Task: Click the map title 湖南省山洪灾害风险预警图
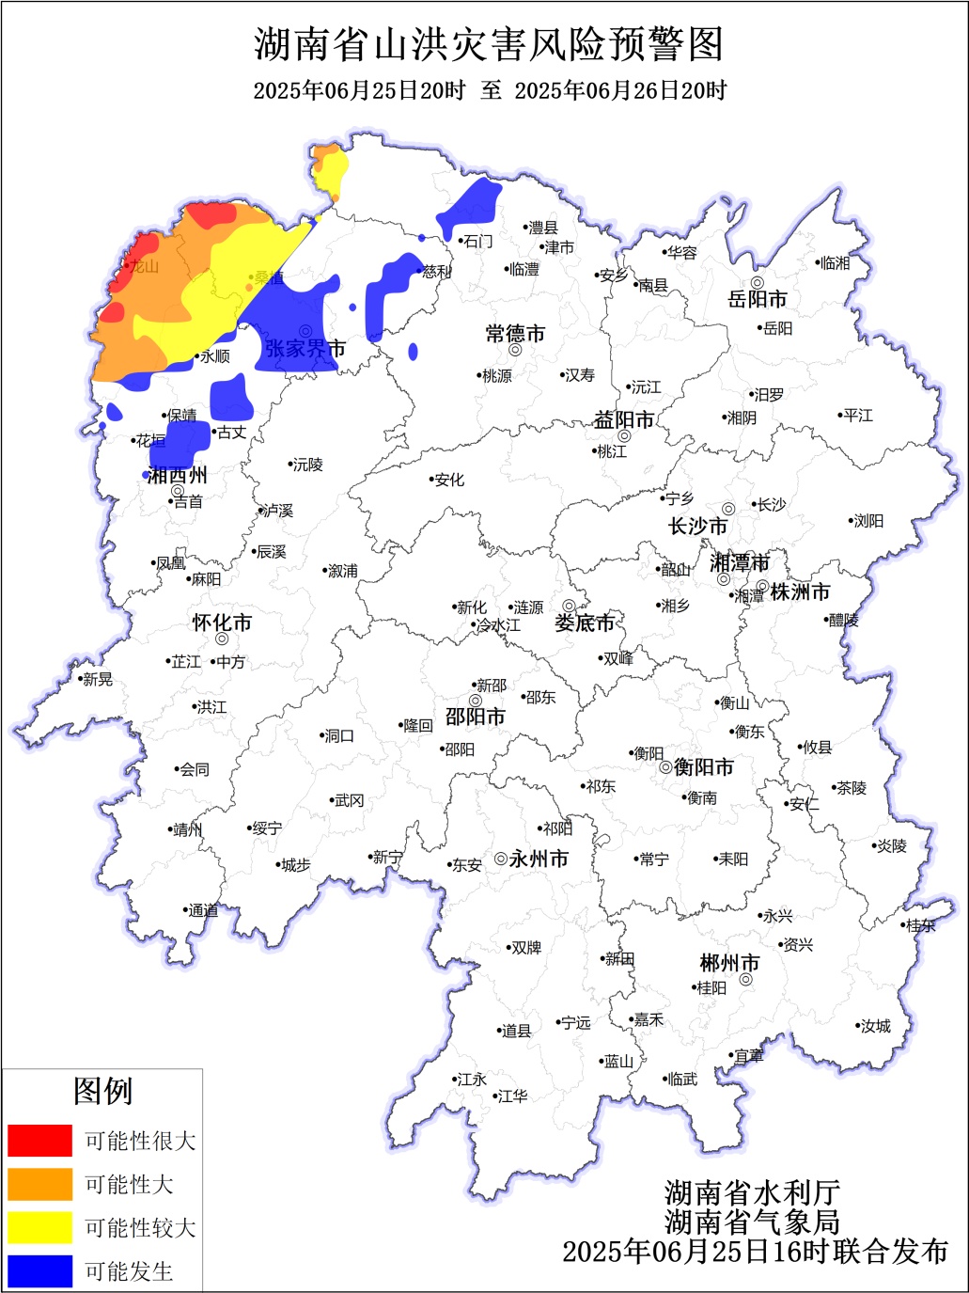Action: coord(489,44)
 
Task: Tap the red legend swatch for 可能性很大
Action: coord(39,1141)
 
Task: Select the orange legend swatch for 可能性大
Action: coord(39,1184)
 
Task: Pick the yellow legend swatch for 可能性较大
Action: coord(39,1227)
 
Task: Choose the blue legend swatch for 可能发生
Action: coord(39,1270)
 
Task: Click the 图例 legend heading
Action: coord(102,1092)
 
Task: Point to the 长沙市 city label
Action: coord(697,527)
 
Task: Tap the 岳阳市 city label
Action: coord(757,300)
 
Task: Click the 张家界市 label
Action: coord(305,349)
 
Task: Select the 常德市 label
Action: coord(515,334)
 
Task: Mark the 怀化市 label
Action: coord(222,623)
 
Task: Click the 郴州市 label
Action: coord(729,964)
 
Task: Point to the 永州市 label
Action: coord(539,859)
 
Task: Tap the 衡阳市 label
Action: coord(703,767)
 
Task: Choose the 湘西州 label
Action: coord(178,475)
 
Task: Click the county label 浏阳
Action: coord(868,521)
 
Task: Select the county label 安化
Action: coord(449,480)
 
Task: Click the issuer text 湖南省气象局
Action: coord(752,1222)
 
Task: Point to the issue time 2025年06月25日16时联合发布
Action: coord(755,1252)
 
